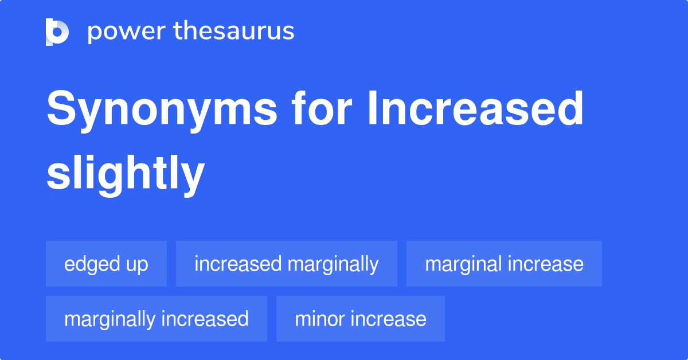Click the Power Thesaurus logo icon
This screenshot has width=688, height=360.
[x=57, y=32]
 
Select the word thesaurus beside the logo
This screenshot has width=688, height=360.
[x=234, y=32]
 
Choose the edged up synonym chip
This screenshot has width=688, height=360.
[x=106, y=264]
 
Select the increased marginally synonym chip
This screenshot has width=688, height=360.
[x=286, y=264]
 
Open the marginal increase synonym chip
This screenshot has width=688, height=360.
[x=504, y=264]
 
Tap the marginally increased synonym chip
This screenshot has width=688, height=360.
[x=156, y=319]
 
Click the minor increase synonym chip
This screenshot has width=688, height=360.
[x=360, y=319]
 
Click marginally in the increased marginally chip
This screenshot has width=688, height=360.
[x=333, y=264]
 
